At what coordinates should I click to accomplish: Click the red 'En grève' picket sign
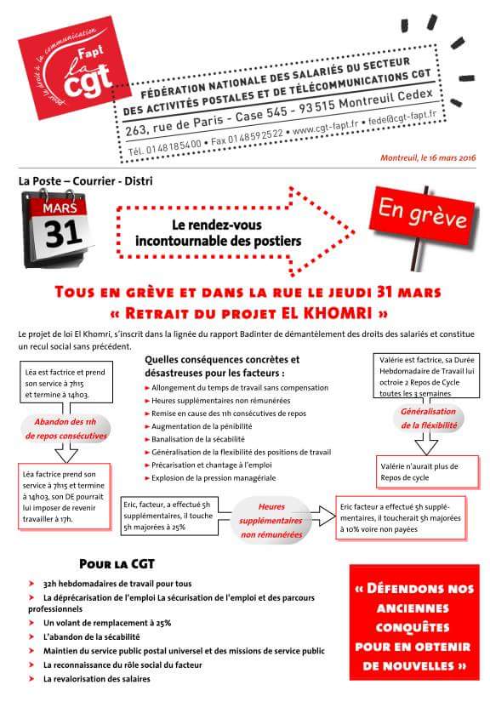(421, 213)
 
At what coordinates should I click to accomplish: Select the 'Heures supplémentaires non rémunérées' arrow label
(271, 520)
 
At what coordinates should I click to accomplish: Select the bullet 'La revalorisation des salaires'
(96, 679)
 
